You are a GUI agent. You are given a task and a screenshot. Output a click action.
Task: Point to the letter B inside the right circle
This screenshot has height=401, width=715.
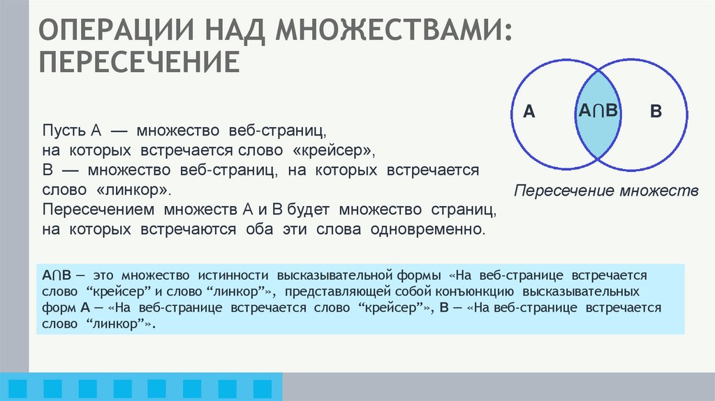click(655, 112)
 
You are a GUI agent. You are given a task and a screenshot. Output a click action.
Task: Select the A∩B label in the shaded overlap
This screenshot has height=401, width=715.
click(598, 110)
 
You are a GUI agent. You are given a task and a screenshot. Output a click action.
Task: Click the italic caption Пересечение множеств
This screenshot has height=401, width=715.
click(606, 191)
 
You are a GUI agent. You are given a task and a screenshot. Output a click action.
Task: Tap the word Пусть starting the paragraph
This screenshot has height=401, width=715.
click(64, 131)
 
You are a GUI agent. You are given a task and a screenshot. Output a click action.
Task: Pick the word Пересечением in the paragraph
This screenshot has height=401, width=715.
click(100, 210)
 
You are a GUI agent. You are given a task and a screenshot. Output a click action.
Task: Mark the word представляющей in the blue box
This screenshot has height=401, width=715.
click(328, 291)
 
